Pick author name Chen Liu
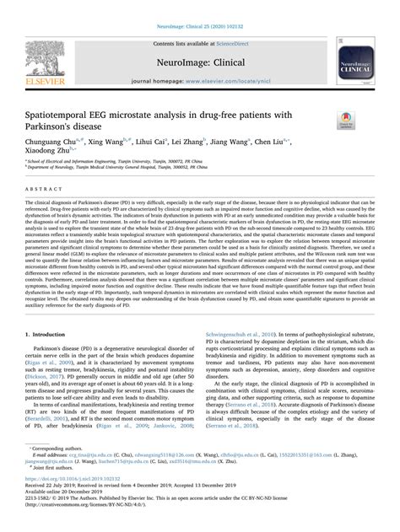[x=300, y=144]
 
